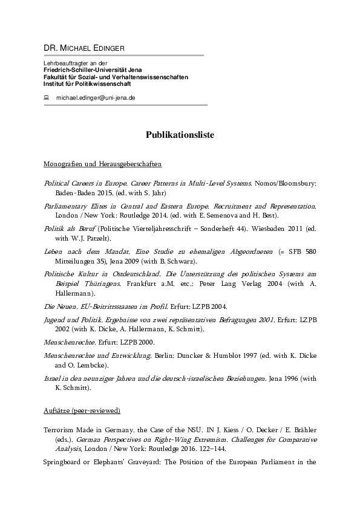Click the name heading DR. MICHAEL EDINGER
[x=83, y=48]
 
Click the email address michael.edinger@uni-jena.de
[x=96, y=97]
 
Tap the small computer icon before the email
[x=46, y=97]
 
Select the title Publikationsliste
[x=180, y=135]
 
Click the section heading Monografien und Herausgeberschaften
[x=102, y=164]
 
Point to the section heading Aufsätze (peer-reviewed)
[x=82, y=411]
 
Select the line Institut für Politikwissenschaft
[x=87, y=83]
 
